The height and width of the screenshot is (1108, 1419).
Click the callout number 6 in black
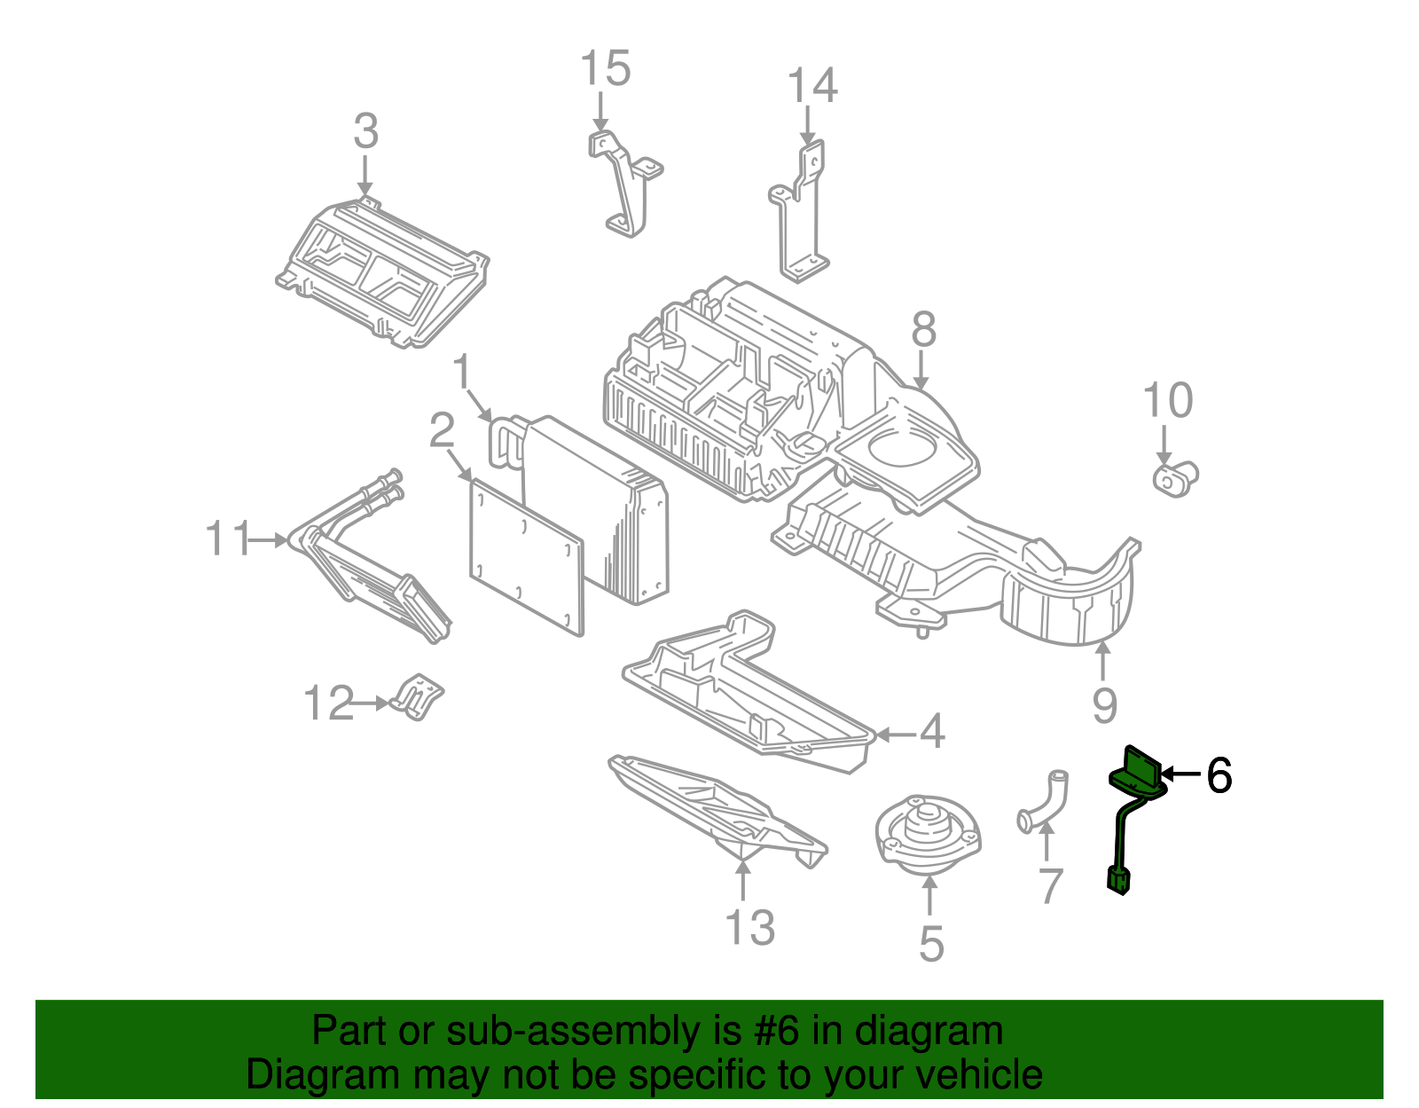(1219, 776)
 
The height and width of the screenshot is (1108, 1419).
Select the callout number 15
(606, 69)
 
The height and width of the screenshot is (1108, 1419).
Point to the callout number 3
(365, 131)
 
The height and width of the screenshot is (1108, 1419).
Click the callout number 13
(750, 928)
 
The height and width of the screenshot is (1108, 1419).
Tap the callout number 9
(1104, 705)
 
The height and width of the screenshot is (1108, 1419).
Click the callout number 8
(923, 329)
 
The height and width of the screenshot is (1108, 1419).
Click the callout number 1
(462, 372)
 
